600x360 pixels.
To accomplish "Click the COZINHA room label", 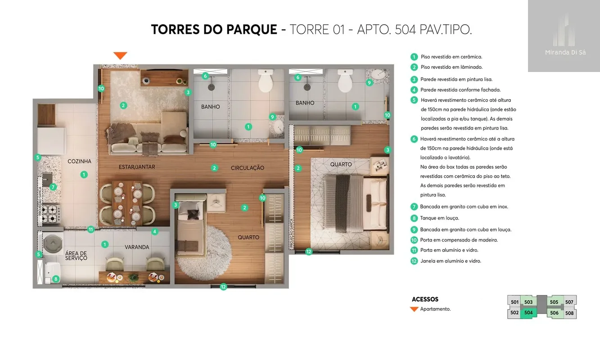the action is point(79,161).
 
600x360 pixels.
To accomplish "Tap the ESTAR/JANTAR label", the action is point(137,167).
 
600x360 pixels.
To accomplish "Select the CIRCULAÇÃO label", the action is point(248,168).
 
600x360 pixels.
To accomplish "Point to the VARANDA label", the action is point(137,247).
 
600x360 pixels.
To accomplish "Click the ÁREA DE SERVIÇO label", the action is point(76,256).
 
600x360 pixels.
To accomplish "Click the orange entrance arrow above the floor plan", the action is point(120,55).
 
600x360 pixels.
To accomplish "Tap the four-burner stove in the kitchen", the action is point(51,214).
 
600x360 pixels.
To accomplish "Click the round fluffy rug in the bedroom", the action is point(204,253).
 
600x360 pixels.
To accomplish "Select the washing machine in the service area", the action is point(53,243).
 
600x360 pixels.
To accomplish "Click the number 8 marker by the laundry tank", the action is point(56,279).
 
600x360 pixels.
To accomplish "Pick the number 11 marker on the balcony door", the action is point(91,229).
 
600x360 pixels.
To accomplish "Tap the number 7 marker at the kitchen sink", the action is point(53,187).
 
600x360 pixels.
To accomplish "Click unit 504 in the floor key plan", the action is point(528,313).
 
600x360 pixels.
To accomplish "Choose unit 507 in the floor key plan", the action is point(569,302).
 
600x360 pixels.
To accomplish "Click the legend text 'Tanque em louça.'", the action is point(440,218).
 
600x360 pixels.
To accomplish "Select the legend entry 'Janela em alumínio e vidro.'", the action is point(451,261).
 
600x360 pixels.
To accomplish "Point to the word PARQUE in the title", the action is point(252,29).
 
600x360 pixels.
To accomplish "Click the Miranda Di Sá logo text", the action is point(565,53).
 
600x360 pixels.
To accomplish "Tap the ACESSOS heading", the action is point(425,299).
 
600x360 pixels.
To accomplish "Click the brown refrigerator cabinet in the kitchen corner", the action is point(47,115).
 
